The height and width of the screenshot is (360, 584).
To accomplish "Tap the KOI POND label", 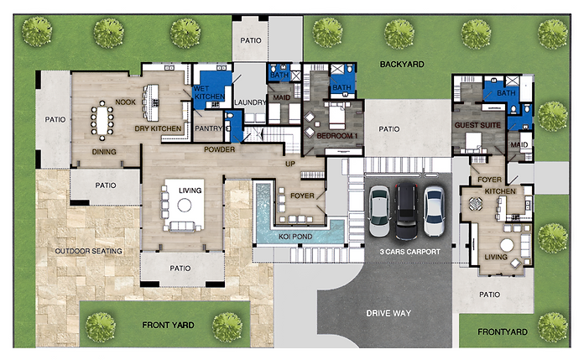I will point(296,237).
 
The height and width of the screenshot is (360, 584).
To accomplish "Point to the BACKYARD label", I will point(401,64).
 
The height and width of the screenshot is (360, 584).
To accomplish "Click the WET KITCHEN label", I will point(209,92).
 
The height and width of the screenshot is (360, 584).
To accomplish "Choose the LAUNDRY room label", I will point(251,103).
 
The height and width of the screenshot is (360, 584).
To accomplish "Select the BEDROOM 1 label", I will point(337,134).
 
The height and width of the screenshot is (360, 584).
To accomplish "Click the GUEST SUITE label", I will point(476,125).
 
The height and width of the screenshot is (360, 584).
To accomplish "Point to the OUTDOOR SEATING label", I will point(88,251).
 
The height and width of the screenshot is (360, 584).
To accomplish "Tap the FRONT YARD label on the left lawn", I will point(169,324).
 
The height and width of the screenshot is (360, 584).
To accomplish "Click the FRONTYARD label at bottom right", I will point(503,332).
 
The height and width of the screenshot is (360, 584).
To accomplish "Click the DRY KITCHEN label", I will point(159,128).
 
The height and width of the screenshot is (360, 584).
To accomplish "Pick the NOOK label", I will point(126,102).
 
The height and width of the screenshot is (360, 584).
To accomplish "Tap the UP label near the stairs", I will point(291,164).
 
